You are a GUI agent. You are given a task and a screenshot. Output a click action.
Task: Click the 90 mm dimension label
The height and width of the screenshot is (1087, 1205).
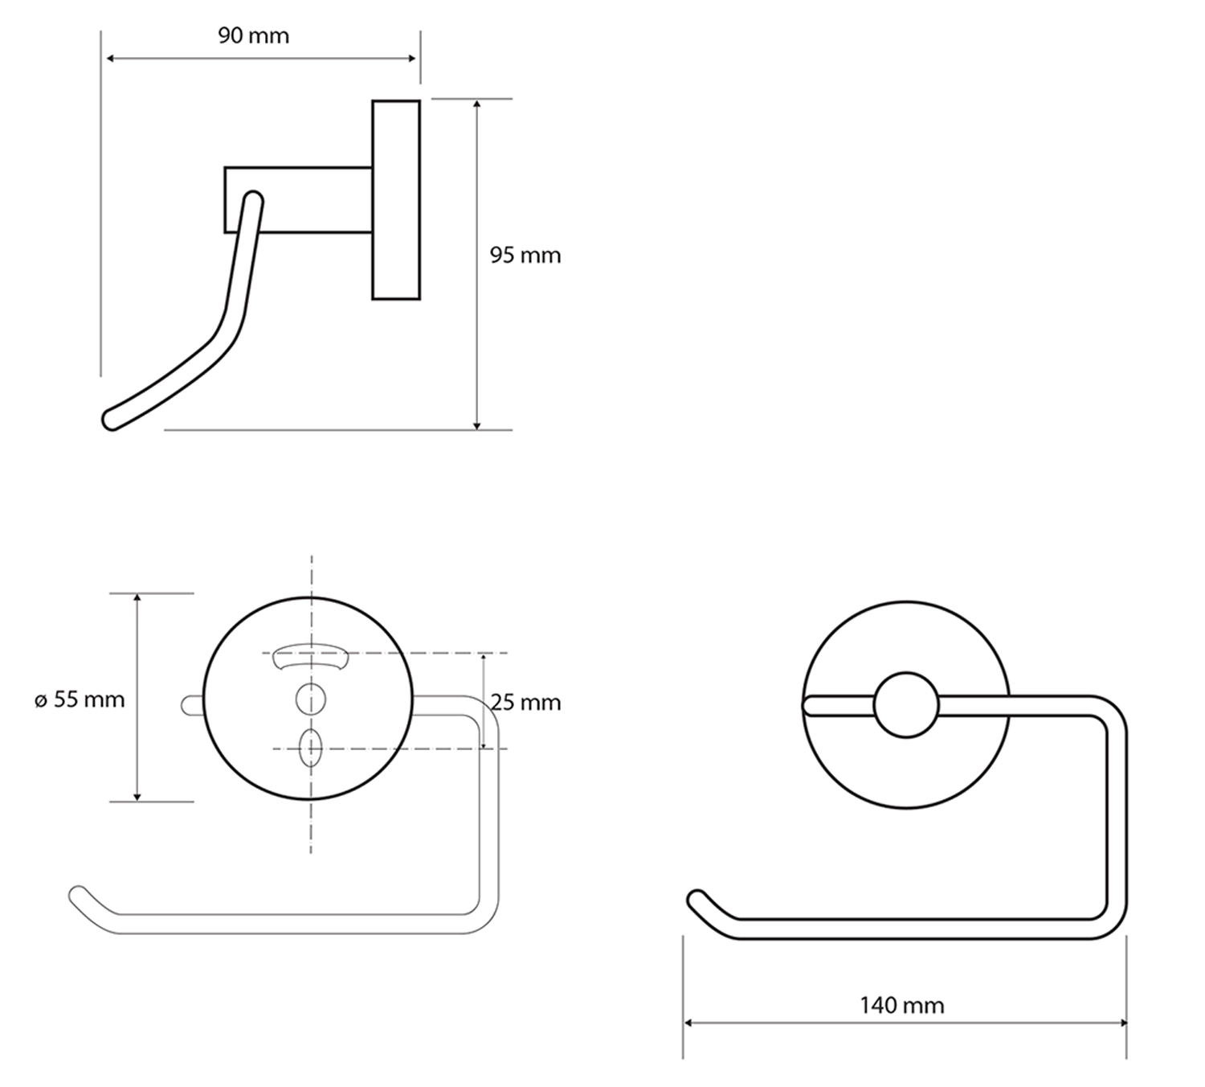point(253,36)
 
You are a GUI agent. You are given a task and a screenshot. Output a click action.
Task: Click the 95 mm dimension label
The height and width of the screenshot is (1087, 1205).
point(525,256)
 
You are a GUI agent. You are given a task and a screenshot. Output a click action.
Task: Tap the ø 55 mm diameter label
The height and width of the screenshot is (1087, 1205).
point(80,699)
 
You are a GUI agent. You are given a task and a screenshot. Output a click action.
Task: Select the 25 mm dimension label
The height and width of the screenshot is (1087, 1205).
point(525,703)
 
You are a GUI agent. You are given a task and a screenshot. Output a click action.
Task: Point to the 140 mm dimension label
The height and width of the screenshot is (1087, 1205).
point(901,1005)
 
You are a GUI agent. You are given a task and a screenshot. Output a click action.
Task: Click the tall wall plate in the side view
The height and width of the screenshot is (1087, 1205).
point(396,200)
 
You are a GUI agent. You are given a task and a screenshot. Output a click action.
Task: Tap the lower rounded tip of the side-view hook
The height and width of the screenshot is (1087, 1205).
point(111,420)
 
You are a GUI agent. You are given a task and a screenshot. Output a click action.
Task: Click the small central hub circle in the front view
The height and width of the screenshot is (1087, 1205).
point(905,705)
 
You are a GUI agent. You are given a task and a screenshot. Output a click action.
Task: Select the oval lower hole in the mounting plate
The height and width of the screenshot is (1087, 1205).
point(310,749)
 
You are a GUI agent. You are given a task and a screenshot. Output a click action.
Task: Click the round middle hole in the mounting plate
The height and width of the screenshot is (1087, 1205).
point(310,699)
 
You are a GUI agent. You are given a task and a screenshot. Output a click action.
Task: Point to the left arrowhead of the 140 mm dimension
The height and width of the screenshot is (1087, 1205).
point(688,1023)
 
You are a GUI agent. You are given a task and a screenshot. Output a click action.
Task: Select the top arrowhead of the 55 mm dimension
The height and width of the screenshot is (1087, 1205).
point(137,599)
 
